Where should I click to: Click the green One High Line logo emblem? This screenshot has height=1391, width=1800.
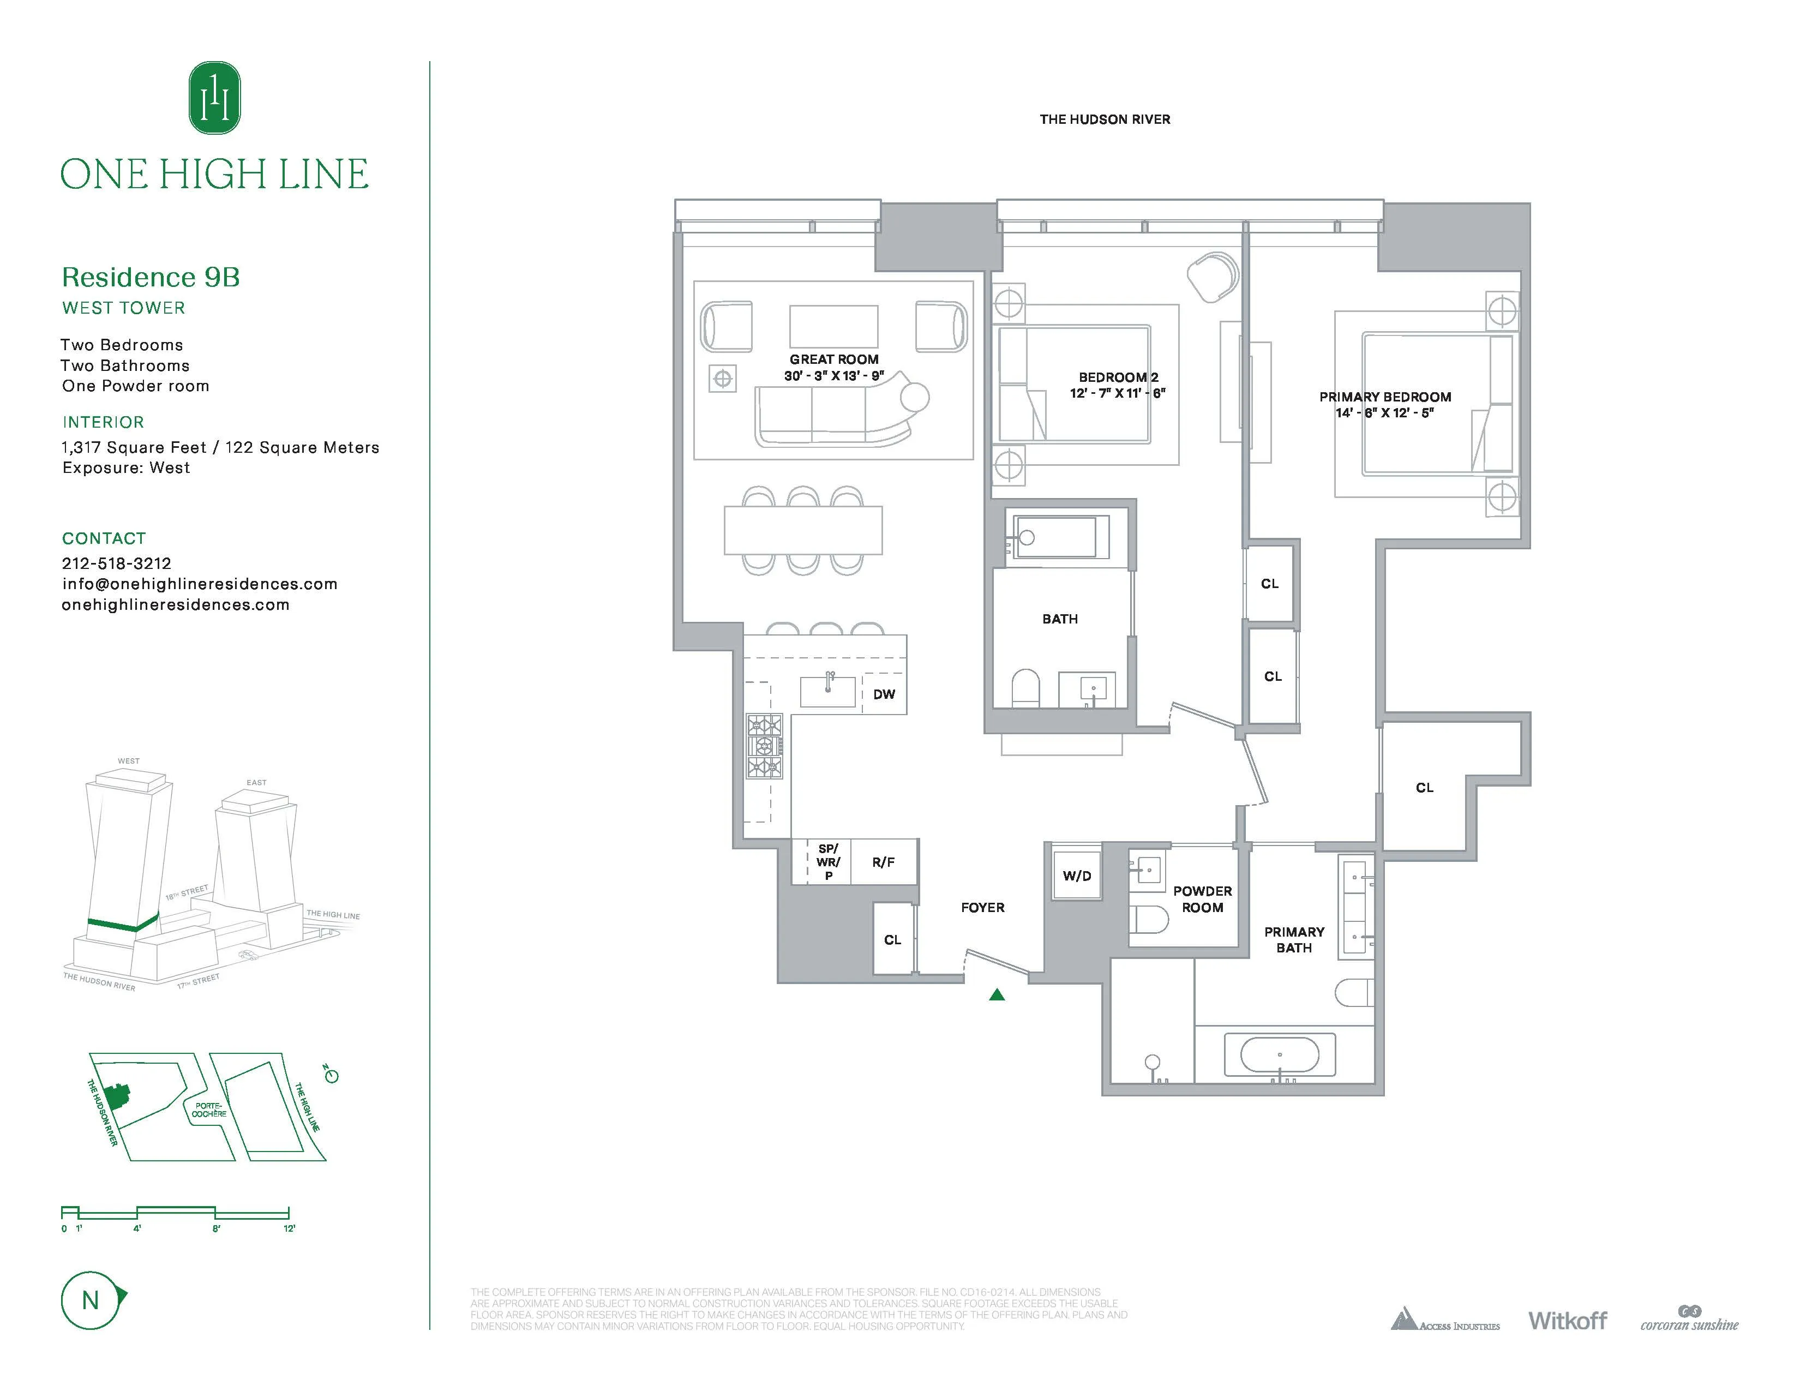tap(214, 98)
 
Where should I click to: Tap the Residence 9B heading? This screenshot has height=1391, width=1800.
tap(151, 277)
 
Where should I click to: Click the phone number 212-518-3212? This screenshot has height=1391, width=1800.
tap(116, 563)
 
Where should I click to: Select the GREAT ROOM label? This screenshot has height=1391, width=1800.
tap(833, 359)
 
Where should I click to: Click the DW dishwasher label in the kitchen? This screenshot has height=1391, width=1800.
tap(884, 694)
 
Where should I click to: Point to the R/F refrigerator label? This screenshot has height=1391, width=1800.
tap(883, 862)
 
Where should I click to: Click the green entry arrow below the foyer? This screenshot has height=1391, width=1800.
tap(997, 994)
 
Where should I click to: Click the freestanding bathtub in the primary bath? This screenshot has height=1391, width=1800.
tap(1279, 1055)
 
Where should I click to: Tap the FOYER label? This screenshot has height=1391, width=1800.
tap(982, 907)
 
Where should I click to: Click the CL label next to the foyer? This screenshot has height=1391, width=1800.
tap(892, 939)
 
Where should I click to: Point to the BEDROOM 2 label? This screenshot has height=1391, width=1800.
tap(1118, 377)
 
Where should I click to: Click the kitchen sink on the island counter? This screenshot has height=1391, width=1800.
tap(827, 691)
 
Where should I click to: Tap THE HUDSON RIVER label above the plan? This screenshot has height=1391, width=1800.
tap(1105, 119)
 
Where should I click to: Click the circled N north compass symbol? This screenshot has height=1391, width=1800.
tap(91, 1300)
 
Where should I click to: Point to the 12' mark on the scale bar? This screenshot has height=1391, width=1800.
tap(289, 1228)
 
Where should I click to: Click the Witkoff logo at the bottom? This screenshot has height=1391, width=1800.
tap(1567, 1321)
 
